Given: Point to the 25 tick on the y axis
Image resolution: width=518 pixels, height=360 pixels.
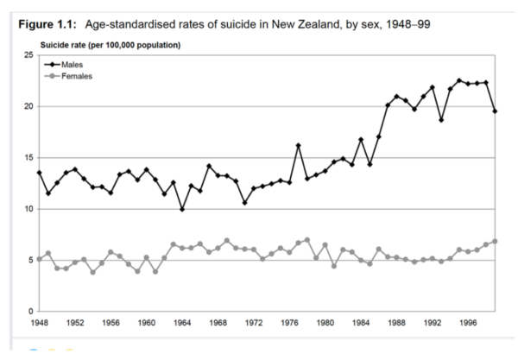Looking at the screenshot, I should point(29,55).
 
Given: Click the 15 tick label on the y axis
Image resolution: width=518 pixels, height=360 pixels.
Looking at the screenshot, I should point(29,158).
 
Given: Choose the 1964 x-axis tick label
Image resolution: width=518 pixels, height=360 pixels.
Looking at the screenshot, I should point(182,322).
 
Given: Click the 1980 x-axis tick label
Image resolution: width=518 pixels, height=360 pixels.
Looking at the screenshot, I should point(325,322).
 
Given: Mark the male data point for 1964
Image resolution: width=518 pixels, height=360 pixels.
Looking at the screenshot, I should point(182,209).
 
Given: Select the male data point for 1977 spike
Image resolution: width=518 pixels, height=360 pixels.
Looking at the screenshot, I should point(298,145).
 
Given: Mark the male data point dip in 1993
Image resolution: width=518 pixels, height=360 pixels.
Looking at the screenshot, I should point(440,120).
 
